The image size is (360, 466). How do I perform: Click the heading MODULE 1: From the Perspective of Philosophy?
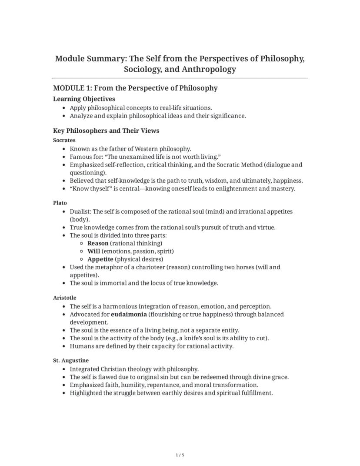[135, 88]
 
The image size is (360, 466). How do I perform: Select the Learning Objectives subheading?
[84, 99]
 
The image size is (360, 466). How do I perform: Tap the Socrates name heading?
[64, 140]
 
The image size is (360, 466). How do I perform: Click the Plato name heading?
[60, 203]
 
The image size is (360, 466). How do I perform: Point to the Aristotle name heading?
[65, 298]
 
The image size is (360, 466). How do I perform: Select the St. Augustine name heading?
[71, 360]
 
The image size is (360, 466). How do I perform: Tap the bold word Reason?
[98, 243]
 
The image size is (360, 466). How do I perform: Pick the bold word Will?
[93, 251]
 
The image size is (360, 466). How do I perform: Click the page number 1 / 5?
[180, 455]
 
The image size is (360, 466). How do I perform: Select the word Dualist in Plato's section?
[80, 211]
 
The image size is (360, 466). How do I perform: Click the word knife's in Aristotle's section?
[202, 338]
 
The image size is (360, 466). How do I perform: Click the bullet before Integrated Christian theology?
[64, 369]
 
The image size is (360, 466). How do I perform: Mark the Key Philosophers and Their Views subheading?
[106, 131]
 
